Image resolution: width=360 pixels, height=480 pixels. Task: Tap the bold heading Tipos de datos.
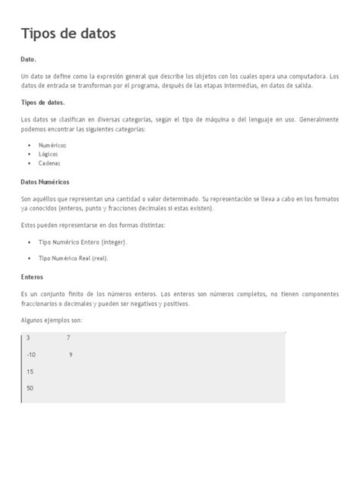point(43,103)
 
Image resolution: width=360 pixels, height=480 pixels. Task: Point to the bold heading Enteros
point(33,277)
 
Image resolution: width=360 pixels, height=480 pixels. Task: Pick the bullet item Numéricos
point(52,144)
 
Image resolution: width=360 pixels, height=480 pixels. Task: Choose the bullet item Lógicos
point(48,153)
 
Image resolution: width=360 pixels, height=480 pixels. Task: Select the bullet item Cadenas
point(49,163)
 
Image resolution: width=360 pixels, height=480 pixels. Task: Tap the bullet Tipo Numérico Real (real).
point(73,258)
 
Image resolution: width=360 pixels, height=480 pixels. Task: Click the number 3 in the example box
point(28,337)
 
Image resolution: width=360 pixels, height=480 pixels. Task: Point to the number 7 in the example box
point(68,337)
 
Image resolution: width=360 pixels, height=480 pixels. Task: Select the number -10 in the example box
point(31,355)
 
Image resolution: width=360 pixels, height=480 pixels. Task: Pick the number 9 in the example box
point(70,355)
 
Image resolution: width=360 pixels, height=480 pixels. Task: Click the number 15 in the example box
point(30,371)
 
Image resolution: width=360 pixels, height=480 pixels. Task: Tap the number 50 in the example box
point(30,388)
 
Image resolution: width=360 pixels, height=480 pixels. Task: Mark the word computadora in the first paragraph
point(301,76)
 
